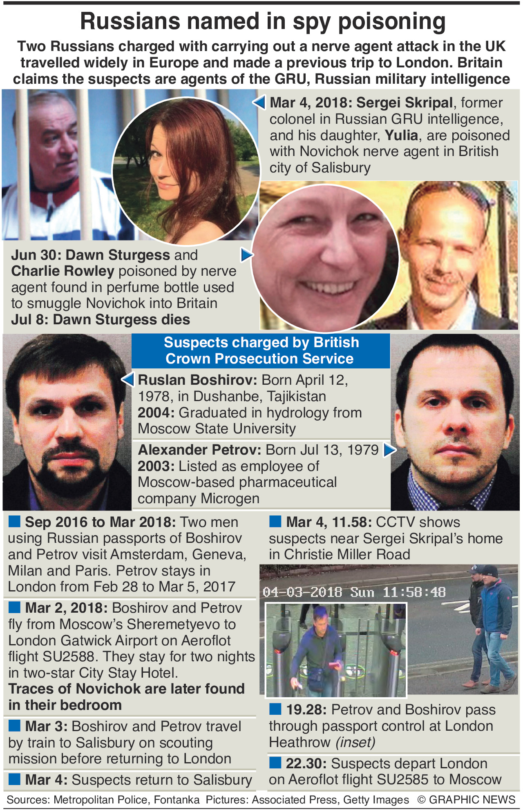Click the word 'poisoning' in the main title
pos(392,22)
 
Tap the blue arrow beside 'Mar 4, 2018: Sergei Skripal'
pos(259,102)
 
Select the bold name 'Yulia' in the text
pos(401,135)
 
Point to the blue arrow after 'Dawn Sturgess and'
pos(246,255)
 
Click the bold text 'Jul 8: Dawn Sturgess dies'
pos(101,319)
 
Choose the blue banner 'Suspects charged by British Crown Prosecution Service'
pos(261,350)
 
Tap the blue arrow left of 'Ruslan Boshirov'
pos(128,379)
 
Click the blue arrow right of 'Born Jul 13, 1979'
pos(389,450)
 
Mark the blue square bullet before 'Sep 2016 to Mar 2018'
pos(15,521)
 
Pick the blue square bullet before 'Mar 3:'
pos(15,726)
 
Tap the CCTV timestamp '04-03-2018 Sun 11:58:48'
pos(354,592)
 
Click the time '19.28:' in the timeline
pos(306,710)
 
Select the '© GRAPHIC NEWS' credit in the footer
pos(466,800)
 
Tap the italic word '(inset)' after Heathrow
pos(355,742)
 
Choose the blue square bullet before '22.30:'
pos(275,763)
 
